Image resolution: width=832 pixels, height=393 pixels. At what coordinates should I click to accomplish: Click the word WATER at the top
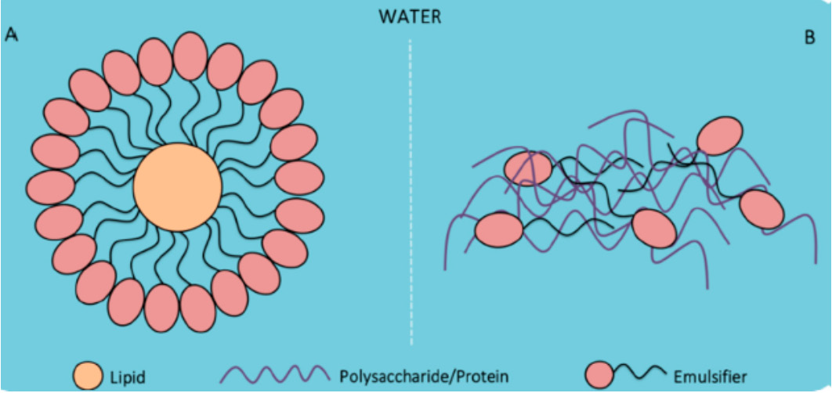pos(410,16)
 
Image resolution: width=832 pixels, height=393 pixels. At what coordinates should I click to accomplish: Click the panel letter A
pos(11,36)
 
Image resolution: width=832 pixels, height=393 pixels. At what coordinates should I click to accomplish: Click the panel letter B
pos(810,38)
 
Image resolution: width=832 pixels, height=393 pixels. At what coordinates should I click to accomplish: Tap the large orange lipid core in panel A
pos(177,187)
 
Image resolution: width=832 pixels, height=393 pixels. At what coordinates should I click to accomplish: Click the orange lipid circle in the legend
pos(88,376)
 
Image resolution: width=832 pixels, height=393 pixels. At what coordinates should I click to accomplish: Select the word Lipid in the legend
pos(128,377)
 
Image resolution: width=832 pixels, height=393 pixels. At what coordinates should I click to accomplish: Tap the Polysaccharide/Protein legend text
pos(424,377)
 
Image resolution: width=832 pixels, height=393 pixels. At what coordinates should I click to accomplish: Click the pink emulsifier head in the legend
pos(600,376)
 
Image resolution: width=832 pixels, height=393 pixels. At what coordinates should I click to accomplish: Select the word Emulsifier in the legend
pos(711,377)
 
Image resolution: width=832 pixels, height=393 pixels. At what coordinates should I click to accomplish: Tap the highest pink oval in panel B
pos(719,135)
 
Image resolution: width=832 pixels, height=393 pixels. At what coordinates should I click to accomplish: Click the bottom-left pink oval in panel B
pos(499,229)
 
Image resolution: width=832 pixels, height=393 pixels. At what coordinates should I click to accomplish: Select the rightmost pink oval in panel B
pos(761,210)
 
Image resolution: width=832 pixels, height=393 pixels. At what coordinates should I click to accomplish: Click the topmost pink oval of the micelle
pos(190,56)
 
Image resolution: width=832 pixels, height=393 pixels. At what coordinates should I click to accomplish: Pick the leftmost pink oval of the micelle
pos(50,187)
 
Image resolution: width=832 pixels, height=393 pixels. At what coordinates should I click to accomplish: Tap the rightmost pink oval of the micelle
pos(299,178)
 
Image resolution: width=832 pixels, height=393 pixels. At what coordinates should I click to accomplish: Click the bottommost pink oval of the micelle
pos(161,308)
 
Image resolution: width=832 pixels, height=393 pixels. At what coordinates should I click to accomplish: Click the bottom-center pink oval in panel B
pos(654,229)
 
